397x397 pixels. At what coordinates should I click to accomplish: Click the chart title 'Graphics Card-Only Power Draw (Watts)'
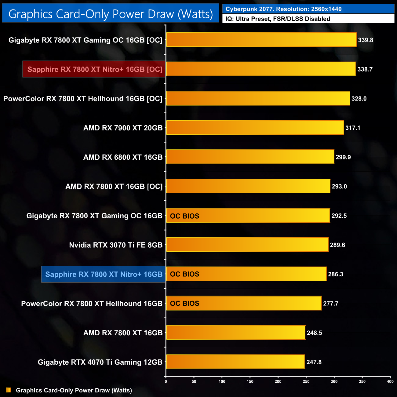coord(111,14)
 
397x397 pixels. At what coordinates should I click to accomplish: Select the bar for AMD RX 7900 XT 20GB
coord(255,128)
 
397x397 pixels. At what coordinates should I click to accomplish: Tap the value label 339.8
coord(366,40)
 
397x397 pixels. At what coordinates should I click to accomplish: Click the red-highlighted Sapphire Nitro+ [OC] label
coord(95,69)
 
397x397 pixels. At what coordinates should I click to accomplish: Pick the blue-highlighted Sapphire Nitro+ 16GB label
coord(104,274)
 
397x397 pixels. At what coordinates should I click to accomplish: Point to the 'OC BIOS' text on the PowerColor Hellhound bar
coord(184,304)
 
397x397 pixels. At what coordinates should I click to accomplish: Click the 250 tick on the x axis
coord(306,381)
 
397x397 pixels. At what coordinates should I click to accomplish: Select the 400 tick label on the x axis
coord(390,381)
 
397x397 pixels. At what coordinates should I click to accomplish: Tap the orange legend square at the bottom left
coord(9,390)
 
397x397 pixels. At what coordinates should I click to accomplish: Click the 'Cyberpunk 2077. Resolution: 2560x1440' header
coord(283,9)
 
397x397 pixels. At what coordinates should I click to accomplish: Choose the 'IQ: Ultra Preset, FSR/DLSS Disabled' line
coord(278,19)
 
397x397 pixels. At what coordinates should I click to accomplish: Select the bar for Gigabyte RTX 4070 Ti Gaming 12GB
coord(235,362)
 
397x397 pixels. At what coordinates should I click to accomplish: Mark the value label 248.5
coord(314,333)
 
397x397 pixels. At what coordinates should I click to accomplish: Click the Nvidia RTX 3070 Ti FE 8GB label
coord(116,245)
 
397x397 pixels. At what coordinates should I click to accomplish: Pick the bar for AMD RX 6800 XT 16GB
coord(250,157)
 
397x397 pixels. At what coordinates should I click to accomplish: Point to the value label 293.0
coord(339,186)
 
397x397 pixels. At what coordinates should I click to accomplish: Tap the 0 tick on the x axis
coord(166,381)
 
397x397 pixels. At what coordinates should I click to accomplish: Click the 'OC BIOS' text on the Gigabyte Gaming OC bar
coord(184,216)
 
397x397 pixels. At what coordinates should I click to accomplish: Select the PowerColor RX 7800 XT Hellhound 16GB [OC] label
coord(83,99)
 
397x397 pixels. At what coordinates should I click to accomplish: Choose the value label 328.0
coord(359,99)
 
